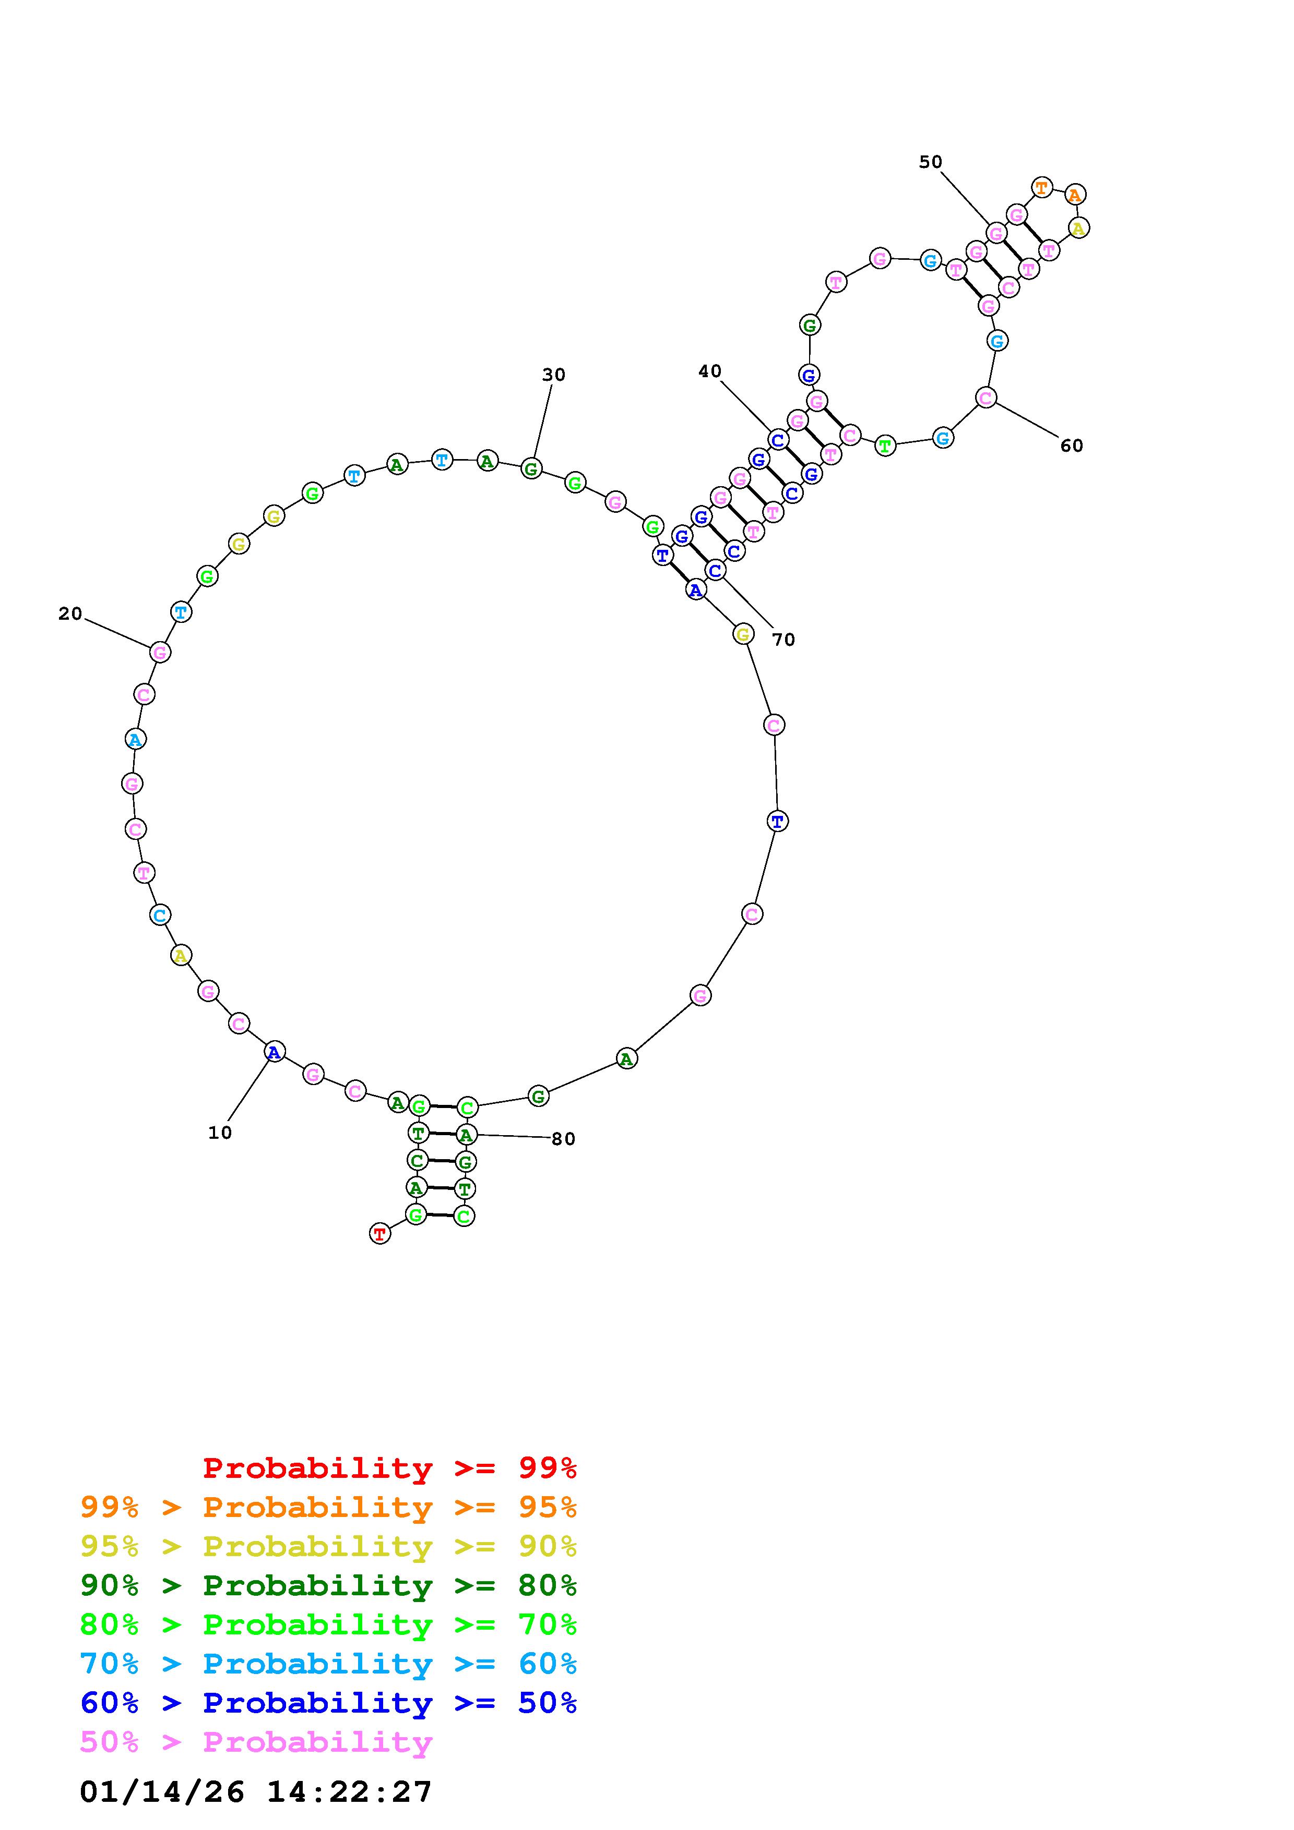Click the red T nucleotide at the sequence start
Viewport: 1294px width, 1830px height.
pyautogui.click(x=381, y=1234)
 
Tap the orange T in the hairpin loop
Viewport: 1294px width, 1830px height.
pyautogui.click(x=1041, y=188)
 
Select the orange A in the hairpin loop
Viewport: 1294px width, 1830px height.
pyautogui.click(x=1075, y=195)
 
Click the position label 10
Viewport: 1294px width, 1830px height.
pyautogui.click(x=220, y=1133)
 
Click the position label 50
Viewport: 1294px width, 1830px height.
pyautogui.click(x=930, y=162)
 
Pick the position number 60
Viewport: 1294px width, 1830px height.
pyautogui.click(x=1072, y=446)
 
